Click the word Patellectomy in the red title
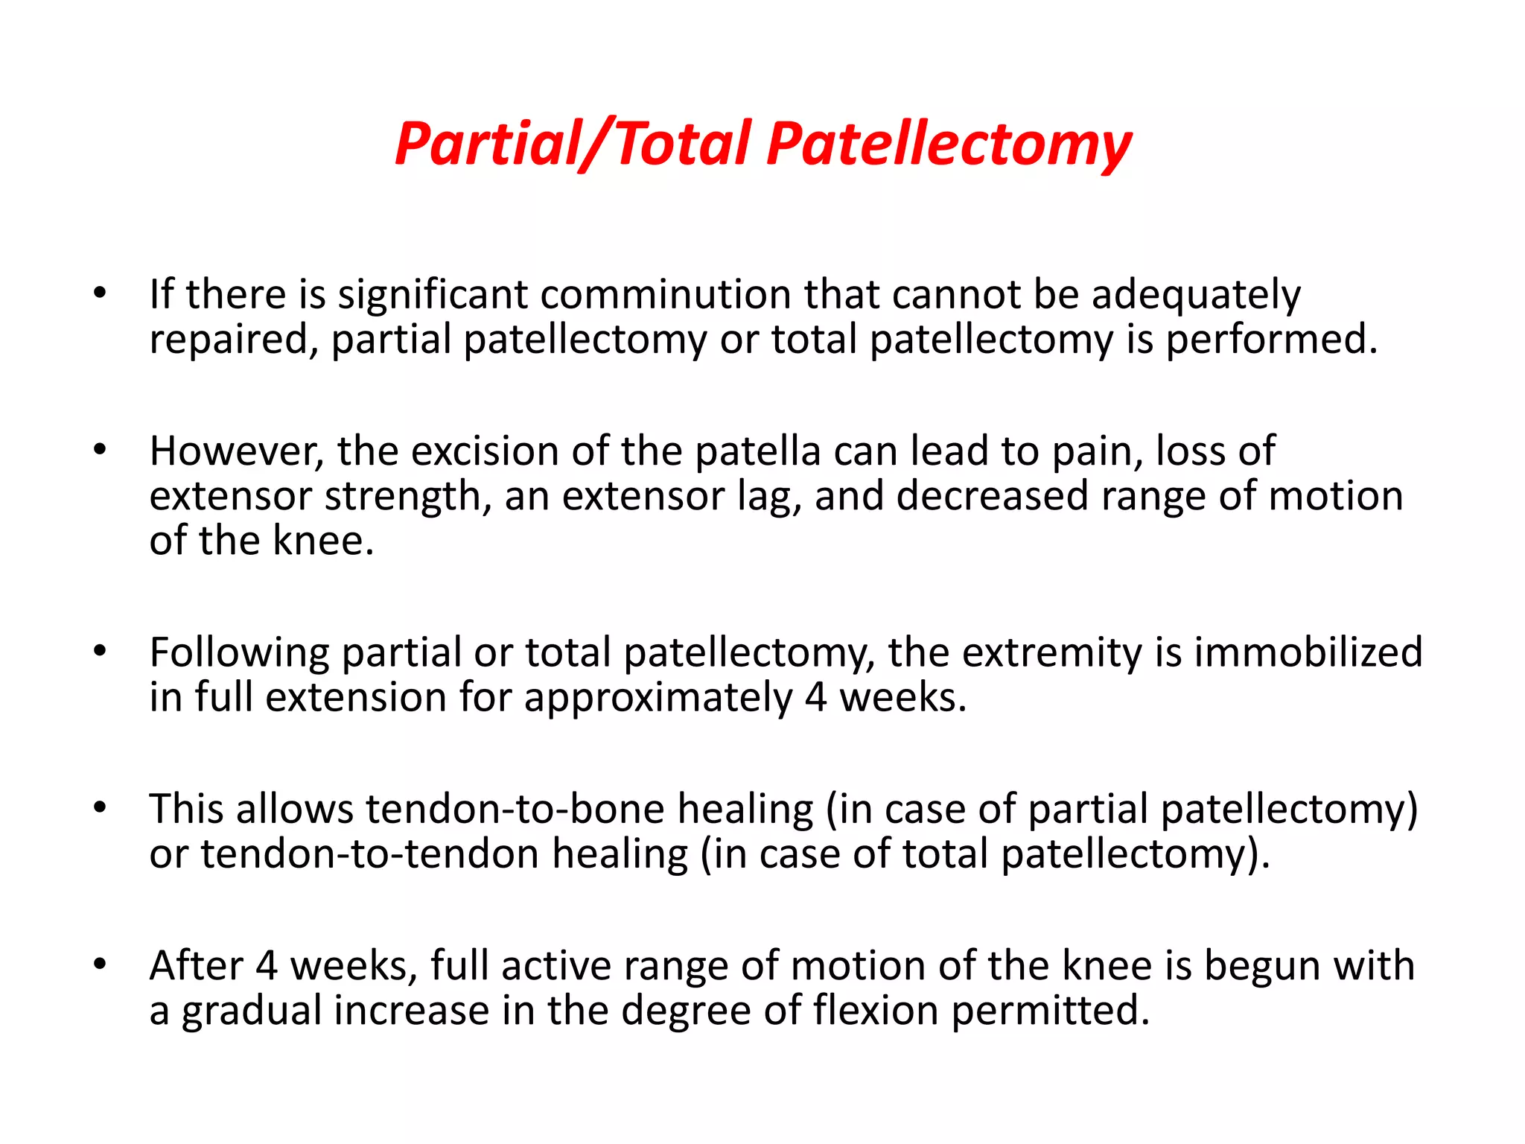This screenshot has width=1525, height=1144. (x=949, y=144)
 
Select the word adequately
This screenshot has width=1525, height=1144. (x=1196, y=296)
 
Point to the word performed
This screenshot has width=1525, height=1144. (x=1271, y=340)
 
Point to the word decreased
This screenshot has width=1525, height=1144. (x=992, y=497)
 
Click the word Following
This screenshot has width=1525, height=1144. (x=239, y=653)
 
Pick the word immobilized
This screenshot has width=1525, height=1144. (x=1308, y=652)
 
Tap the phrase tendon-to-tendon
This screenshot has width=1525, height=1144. (x=369, y=854)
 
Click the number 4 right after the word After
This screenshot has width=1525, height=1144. (x=267, y=966)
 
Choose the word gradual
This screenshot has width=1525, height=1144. (x=251, y=1012)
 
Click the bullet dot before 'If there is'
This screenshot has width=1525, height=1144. (x=101, y=293)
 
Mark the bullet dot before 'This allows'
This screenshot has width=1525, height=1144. (x=101, y=808)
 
